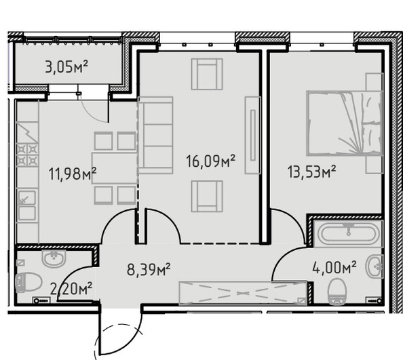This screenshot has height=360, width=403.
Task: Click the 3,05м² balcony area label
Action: (66, 66)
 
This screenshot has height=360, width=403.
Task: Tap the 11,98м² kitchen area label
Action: (73, 174)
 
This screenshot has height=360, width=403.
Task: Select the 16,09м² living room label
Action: (210, 161)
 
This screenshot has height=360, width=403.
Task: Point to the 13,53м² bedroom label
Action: (312, 172)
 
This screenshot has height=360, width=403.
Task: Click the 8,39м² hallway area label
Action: (149, 269)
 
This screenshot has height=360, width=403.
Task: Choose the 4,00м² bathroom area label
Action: (334, 268)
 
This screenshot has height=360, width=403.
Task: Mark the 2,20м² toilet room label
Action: (71, 289)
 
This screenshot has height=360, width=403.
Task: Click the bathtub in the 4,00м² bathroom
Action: (349, 234)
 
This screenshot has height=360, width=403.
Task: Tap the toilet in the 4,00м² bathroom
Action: (337, 292)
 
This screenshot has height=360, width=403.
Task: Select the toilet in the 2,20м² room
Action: (28, 283)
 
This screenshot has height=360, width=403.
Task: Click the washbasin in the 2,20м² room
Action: (54, 259)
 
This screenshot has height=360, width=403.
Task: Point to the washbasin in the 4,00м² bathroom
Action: (375, 266)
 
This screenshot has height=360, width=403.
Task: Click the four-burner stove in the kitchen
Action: (27, 155)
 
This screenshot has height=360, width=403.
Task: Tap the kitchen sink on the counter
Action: (26, 205)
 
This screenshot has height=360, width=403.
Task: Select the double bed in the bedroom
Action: (345, 123)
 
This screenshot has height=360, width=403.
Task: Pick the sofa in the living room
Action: (155, 136)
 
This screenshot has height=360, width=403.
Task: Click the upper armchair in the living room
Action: (207, 74)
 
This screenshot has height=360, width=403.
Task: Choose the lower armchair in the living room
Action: (207, 196)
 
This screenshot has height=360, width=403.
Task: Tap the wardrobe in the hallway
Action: (243, 294)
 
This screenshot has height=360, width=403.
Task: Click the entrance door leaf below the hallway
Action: (100, 332)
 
